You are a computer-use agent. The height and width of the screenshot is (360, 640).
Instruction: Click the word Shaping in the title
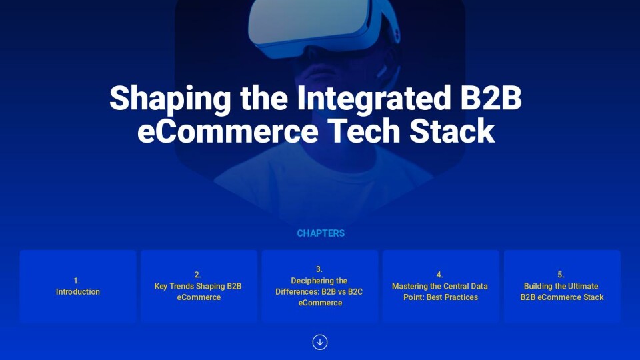(x=170, y=99)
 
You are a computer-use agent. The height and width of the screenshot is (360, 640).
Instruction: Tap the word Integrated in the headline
(x=373, y=99)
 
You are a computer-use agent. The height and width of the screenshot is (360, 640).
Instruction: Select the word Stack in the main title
(x=452, y=131)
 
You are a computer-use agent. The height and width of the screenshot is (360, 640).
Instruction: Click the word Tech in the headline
(x=364, y=131)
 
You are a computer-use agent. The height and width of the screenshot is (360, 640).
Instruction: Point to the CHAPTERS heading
(x=321, y=233)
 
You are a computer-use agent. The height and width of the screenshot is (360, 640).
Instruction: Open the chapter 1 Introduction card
(x=77, y=287)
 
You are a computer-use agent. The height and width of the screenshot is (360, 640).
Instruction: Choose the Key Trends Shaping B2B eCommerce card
(x=199, y=287)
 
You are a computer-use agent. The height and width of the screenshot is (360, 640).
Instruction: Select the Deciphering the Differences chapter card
(x=320, y=287)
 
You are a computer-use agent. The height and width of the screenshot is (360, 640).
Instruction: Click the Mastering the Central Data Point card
(x=441, y=287)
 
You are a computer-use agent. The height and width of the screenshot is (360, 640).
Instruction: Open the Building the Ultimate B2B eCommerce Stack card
(x=562, y=287)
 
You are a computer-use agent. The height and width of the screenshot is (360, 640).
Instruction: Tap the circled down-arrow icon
(x=320, y=342)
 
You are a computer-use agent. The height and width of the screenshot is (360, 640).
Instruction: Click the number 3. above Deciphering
(x=319, y=269)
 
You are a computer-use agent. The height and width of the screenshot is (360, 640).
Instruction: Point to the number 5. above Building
(x=561, y=275)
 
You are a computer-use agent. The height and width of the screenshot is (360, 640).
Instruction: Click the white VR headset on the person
(x=323, y=27)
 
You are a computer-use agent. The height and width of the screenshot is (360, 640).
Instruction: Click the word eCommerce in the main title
(x=228, y=131)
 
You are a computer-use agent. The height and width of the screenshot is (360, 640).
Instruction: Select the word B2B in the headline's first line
(x=491, y=98)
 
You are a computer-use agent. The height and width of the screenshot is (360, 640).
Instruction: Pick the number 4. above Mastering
(x=439, y=275)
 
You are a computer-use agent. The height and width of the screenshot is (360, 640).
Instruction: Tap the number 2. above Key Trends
(x=197, y=275)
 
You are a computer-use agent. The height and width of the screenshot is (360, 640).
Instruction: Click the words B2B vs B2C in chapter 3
(x=342, y=292)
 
